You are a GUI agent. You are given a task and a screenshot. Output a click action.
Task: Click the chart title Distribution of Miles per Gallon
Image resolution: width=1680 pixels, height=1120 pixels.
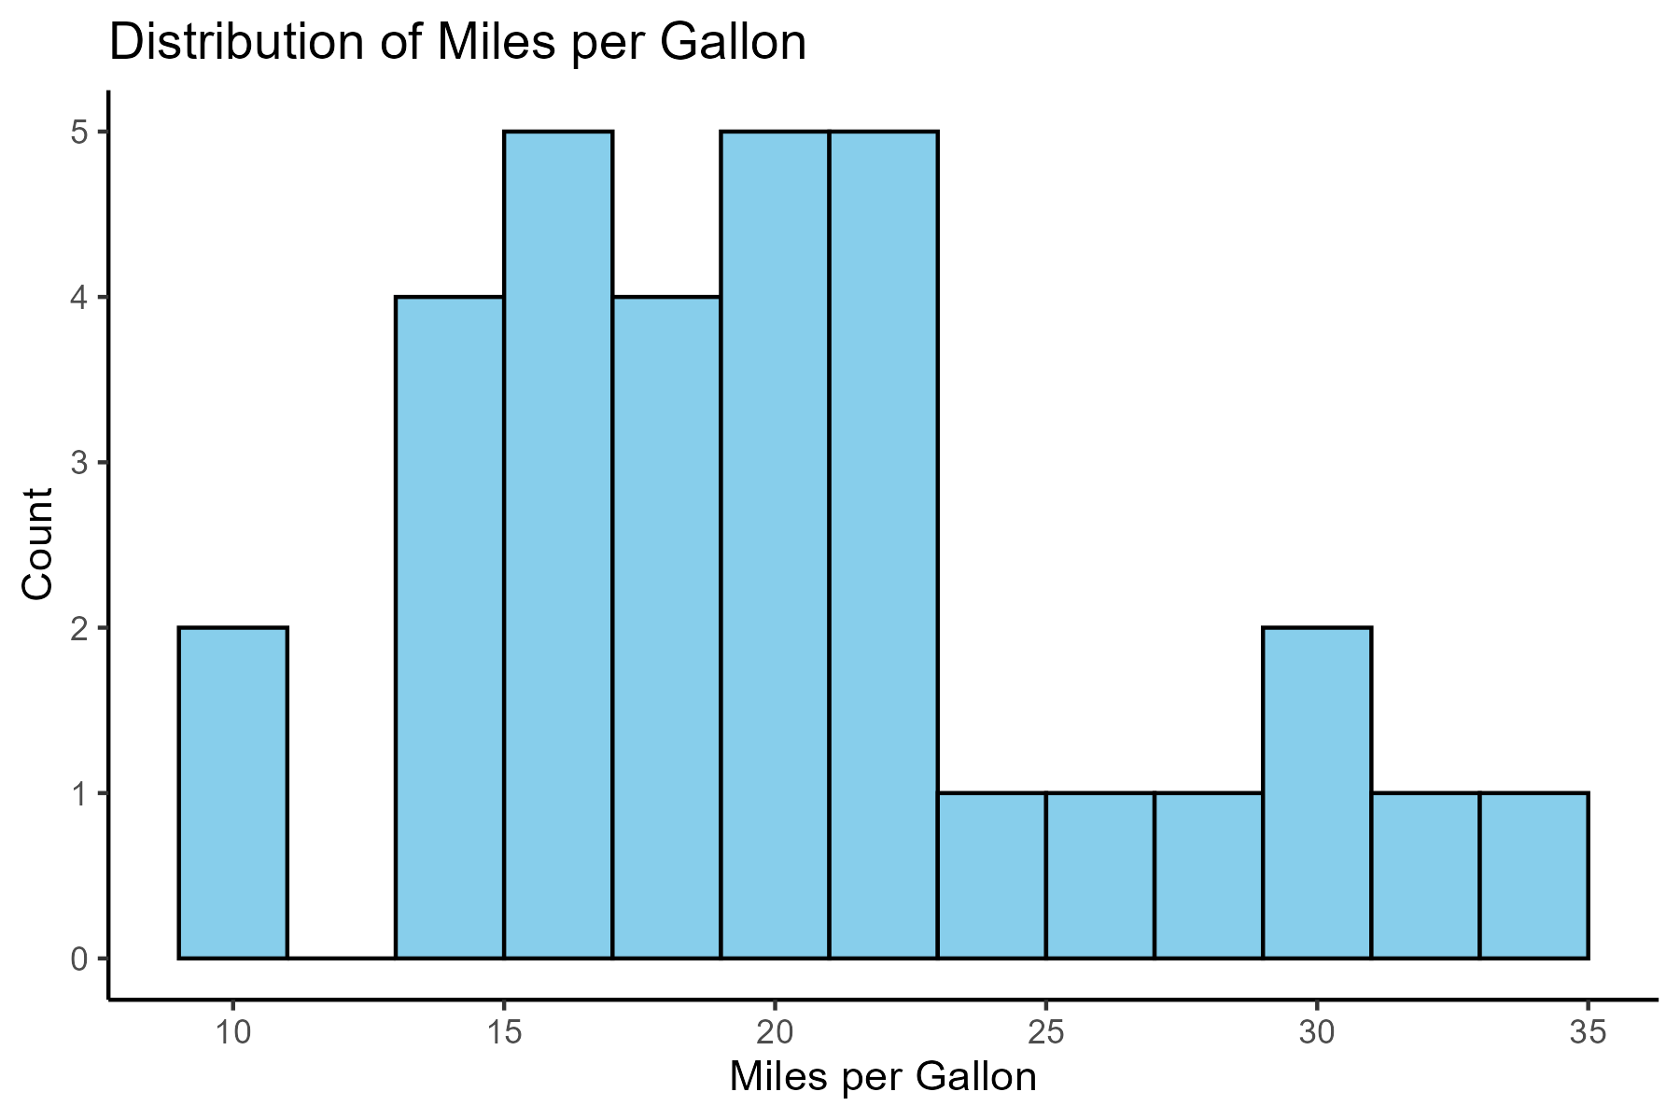pos(457,43)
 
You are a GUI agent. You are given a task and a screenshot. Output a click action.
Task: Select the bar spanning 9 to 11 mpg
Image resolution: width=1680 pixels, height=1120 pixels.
pos(232,793)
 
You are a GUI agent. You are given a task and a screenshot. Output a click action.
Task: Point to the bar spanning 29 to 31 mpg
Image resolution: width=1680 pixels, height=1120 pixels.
pos(1316,793)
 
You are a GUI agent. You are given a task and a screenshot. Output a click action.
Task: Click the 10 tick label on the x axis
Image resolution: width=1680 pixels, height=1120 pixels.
pos(232,1032)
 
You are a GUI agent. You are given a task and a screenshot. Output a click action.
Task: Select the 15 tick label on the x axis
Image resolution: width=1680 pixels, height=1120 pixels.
pos(504,1032)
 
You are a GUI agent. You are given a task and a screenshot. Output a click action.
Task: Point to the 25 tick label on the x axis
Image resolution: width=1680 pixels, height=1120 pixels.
pos(1045,1032)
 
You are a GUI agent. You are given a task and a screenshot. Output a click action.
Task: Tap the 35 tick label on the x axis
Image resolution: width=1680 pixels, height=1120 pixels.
pos(1588,1032)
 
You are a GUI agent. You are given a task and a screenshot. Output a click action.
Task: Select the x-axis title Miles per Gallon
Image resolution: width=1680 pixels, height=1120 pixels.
pos(883,1078)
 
